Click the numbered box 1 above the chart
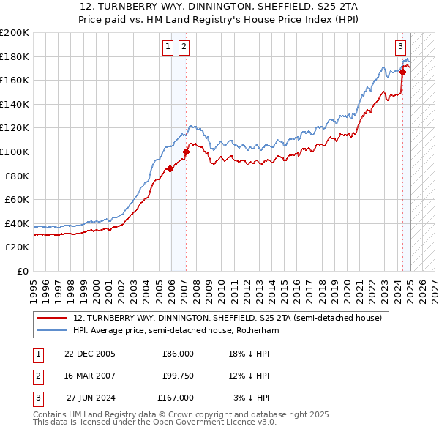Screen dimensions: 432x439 (168, 48)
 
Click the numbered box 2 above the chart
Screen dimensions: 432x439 (183, 48)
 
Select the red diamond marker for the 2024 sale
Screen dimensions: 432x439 (402, 72)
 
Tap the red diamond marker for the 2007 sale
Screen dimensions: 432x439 (186, 152)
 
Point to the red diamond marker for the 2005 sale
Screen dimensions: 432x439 (170, 168)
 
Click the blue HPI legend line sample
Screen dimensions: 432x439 (50, 331)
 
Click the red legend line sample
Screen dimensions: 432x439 (50, 319)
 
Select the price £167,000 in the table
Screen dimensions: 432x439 (176, 398)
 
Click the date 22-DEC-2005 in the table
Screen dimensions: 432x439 (89, 354)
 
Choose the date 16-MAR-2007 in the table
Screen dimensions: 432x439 (89, 376)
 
